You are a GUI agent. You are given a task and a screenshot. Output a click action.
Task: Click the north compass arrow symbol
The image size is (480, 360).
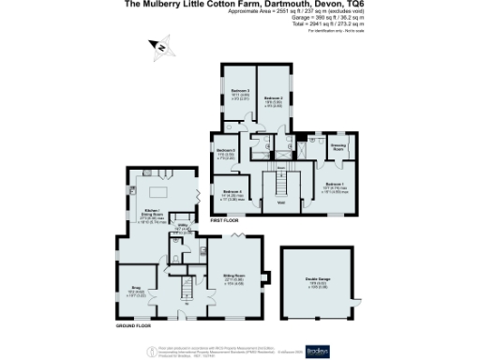tap(160, 45)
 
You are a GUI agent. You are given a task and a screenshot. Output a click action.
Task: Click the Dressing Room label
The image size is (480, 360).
tap(338, 147)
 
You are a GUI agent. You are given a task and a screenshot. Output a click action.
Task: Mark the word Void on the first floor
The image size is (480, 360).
tap(280, 202)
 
